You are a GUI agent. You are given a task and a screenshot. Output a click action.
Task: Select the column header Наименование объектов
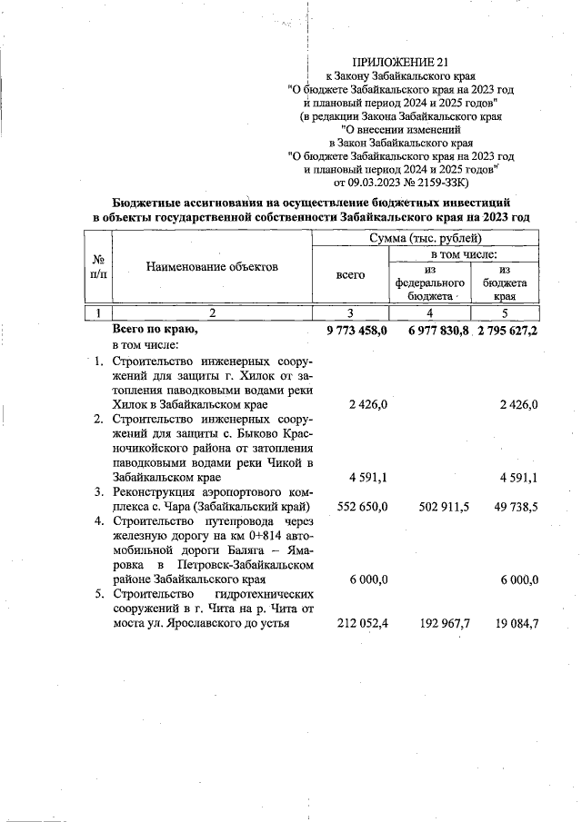point(212,267)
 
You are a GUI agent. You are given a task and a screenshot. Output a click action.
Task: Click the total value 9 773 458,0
point(356,331)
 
